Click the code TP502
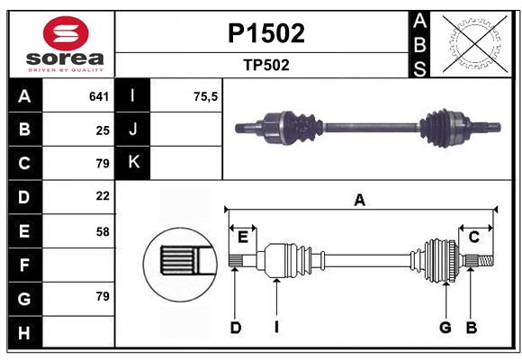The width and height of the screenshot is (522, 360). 265,65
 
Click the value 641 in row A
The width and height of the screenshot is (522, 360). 99,96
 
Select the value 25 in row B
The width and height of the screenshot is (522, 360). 103,130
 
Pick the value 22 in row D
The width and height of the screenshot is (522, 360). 103,195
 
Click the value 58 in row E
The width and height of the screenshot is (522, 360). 103,231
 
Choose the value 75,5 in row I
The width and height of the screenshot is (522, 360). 206,96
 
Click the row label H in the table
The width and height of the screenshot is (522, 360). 24,334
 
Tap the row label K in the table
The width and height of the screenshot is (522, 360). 133,163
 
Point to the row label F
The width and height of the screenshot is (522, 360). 24,265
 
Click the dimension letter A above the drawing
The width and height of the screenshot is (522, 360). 359,200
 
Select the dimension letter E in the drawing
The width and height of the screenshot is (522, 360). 242,237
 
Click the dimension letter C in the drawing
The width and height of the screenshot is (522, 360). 473,237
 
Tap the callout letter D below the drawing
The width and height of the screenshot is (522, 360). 235,328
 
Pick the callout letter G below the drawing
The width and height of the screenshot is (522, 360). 445,328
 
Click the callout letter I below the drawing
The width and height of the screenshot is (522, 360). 276,328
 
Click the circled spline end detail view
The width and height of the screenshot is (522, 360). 180,263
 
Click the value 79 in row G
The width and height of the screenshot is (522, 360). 101,295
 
